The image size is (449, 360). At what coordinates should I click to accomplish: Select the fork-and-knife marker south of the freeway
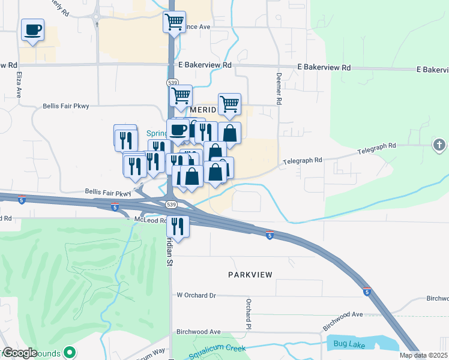[x=178, y=226]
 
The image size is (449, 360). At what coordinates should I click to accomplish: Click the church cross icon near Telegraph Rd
[x=439, y=145]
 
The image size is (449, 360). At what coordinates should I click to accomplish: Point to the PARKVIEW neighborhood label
[x=250, y=275]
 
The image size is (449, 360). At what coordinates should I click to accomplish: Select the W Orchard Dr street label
[x=196, y=295]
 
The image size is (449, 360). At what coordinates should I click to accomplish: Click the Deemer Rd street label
[x=279, y=89]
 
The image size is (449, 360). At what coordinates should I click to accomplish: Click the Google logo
[x=19, y=353]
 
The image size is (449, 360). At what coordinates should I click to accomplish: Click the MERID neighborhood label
[x=202, y=111]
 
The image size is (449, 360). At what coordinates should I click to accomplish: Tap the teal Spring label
[x=157, y=133]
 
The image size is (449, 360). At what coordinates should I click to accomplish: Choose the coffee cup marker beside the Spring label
[x=178, y=130]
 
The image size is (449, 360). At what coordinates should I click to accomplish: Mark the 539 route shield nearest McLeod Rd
[x=172, y=205]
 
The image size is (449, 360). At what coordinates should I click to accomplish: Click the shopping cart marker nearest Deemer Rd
[x=229, y=104]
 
